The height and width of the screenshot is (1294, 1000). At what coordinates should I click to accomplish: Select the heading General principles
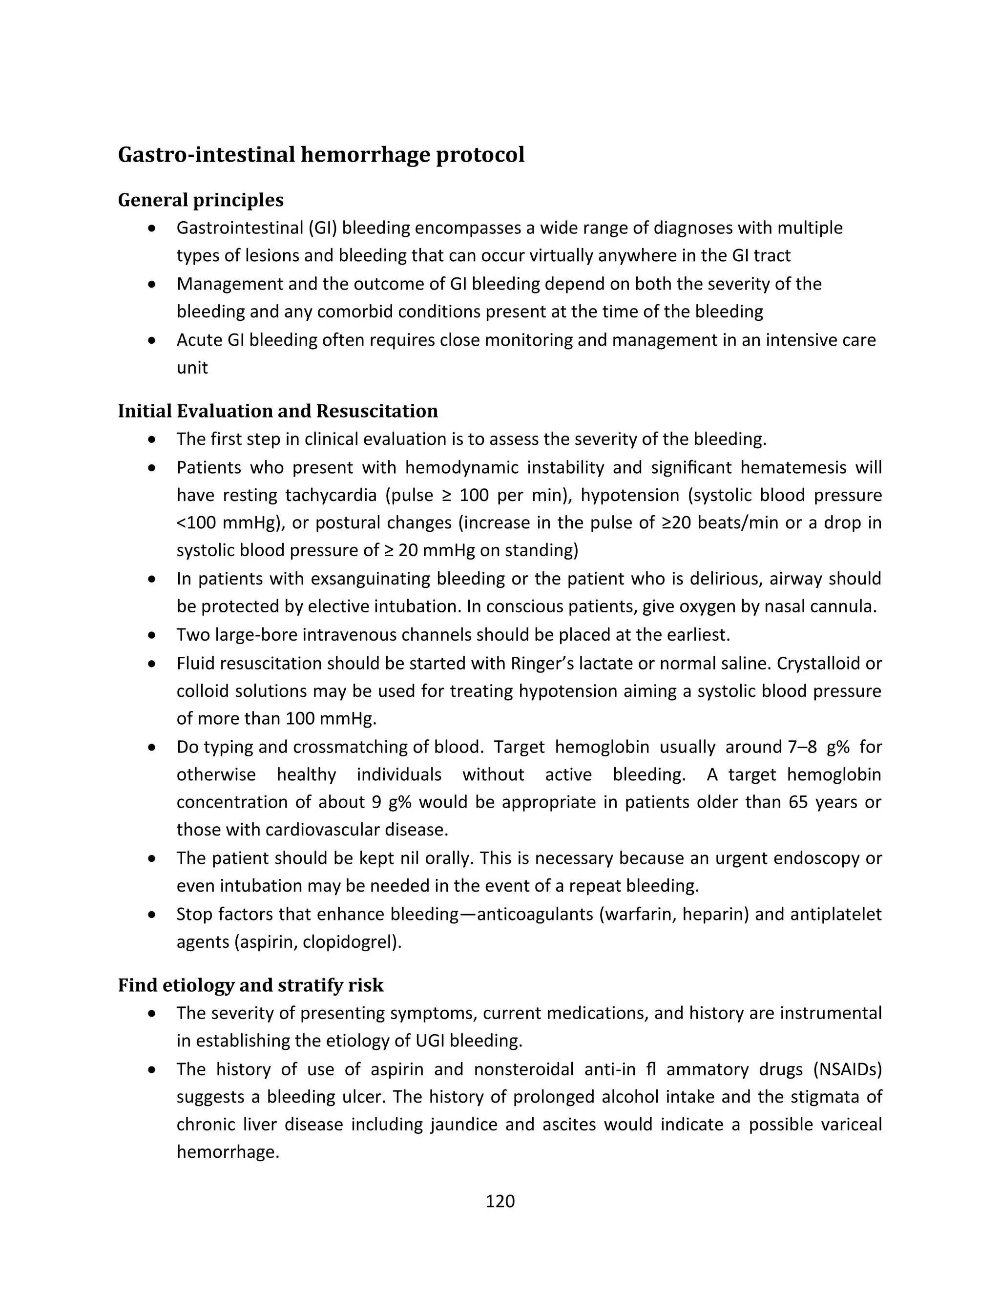tap(200, 200)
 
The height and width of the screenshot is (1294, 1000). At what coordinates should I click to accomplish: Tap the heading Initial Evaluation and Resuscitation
tap(277, 411)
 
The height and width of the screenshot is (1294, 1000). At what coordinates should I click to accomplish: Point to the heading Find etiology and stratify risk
tap(250, 985)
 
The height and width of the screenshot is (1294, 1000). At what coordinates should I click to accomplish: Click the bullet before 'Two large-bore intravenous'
tap(152, 635)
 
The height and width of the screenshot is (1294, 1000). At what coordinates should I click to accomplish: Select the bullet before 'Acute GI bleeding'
tap(152, 341)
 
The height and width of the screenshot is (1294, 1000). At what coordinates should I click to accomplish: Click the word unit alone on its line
tap(192, 368)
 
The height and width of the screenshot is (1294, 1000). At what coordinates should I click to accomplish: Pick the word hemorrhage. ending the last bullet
tap(228, 1152)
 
